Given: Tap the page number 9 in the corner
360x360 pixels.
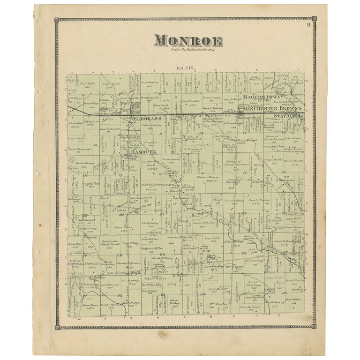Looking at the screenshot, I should [309, 25].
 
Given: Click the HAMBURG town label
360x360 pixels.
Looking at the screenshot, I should [134, 152].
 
